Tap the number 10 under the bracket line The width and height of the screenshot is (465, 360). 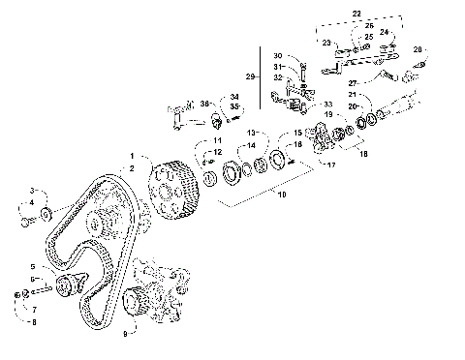281,194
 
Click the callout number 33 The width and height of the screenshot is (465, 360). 326,104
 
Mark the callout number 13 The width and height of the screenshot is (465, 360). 225,132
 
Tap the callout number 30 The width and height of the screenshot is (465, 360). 278,55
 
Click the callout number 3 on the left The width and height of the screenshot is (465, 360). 31,191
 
